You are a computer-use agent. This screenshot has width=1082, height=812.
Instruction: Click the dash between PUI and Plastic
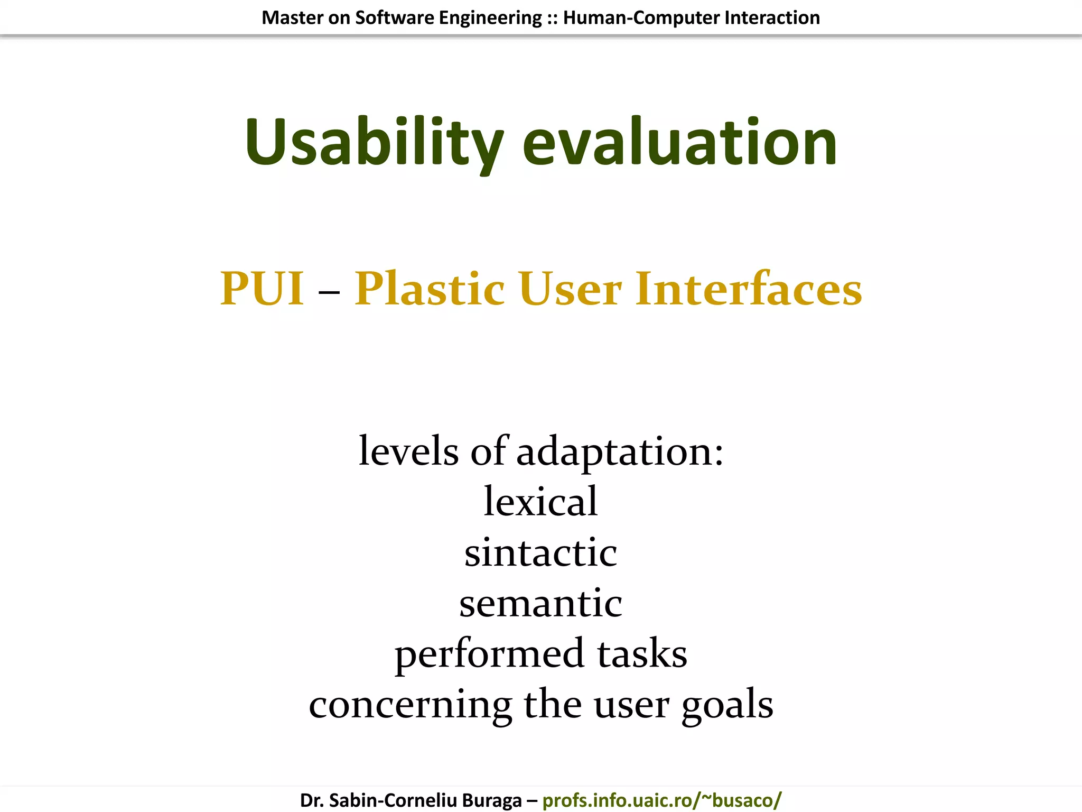click(329, 291)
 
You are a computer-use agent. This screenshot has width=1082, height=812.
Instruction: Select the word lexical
click(540, 501)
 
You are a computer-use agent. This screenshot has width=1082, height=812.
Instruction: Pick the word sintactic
click(540, 552)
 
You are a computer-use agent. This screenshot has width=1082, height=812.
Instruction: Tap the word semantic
click(540, 603)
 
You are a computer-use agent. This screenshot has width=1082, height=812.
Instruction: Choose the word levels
click(408, 451)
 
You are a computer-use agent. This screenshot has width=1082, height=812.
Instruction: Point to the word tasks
click(642, 653)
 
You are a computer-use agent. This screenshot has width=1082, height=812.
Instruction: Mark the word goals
click(727, 705)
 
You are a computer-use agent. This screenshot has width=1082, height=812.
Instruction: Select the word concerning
click(410, 705)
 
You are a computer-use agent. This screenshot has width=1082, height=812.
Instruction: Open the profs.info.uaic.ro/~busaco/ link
click(662, 800)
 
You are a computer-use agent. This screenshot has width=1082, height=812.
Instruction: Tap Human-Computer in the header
click(641, 17)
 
